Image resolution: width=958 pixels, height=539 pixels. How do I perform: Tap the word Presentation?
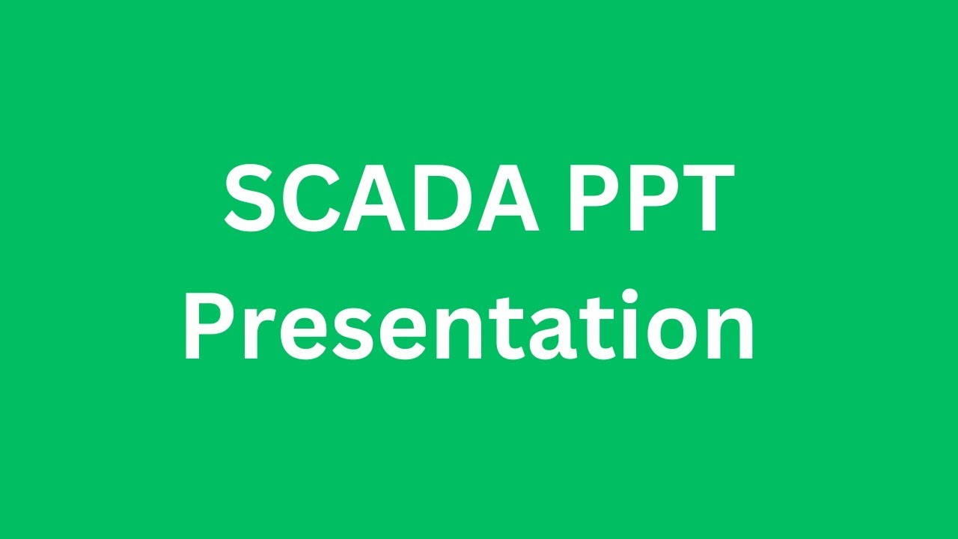tap(469, 326)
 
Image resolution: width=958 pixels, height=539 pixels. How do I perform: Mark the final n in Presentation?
tap(729, 335)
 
